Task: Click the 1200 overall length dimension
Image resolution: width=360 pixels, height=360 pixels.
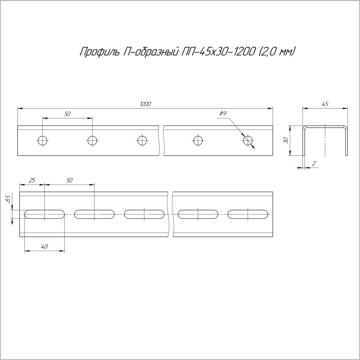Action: pos(145,104)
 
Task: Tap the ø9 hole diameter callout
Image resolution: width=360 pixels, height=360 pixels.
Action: pos(223,113)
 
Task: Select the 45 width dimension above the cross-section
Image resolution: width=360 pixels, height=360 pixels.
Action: pos(325,104)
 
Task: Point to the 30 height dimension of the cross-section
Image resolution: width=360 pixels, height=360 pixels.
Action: pos(286,140)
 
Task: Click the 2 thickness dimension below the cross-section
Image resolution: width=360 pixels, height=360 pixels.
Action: pos(314,163)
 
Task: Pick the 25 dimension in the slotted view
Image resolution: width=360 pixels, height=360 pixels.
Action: pos(32,180)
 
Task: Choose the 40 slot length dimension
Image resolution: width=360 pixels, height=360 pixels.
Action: pos(45,247)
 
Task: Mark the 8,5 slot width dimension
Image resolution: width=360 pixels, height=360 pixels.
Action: pos(8,198)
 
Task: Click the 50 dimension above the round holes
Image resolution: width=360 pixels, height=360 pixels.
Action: pos(67,114)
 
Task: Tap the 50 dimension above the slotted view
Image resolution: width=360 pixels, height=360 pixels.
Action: pos(69,180)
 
